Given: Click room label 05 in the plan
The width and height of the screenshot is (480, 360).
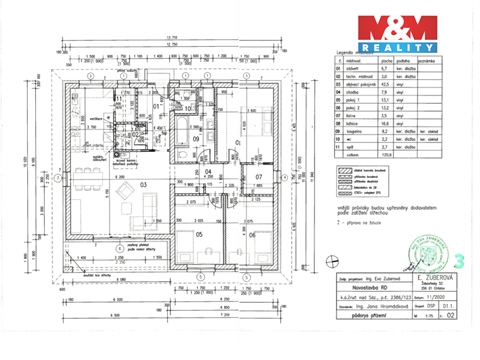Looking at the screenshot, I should [199, 235].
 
